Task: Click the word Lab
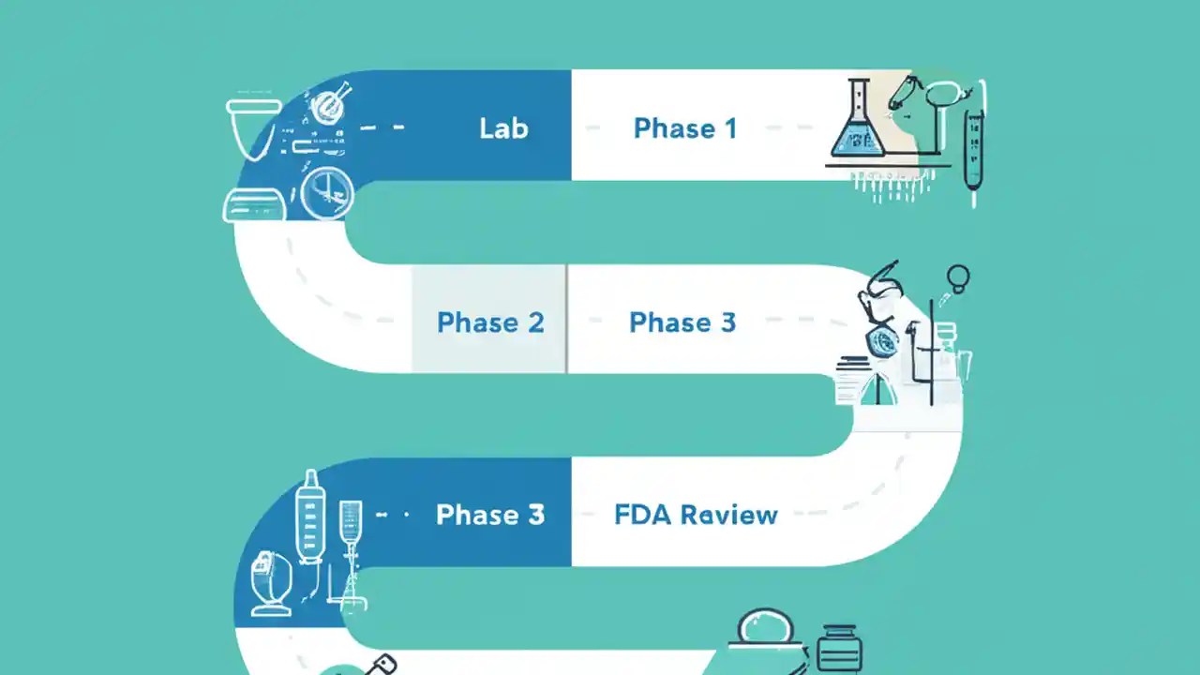coord(503,127)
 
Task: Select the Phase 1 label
coord(684,128)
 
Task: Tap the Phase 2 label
coord(490,322)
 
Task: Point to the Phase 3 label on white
coord(682,322)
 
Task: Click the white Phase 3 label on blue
coord(490,515)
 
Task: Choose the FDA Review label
coord(696,515)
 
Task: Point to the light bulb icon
coord(958,277)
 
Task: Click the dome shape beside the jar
coord(766,628)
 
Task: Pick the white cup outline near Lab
coord(253,127)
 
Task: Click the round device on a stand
coord(271,581)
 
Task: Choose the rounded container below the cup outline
coord(253,204)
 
